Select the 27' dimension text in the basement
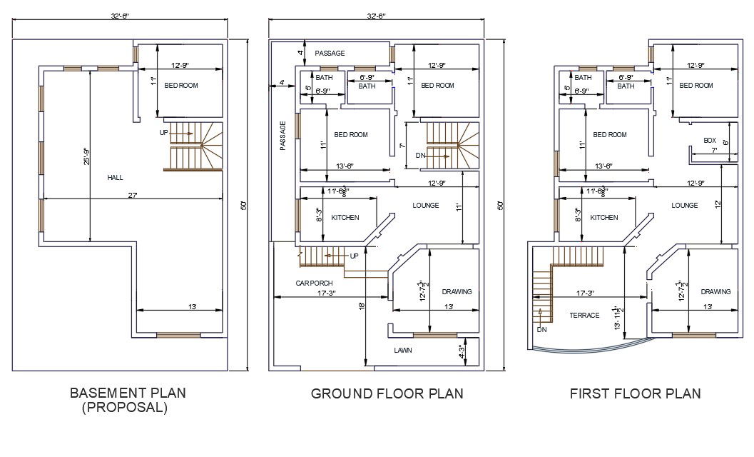pyautogui.click(x=133, y=194)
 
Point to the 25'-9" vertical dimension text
pyautogui.click(x=86, y=156)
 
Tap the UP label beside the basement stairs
pyautogui.click(x=164, y=133)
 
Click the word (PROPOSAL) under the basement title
pyautogui.click(x=125, y=408)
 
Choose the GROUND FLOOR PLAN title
pyautogui.click(x=387, y=393)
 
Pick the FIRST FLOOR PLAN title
pyautogui.click(x=635, y=393)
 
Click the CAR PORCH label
pyautogui.click(x=315, y=283)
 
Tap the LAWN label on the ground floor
pyautogui.click(x=403, y=351)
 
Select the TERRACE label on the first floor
pyautogui.click(x=584, y=315)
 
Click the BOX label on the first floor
pyautogui.click(x=709, y=141)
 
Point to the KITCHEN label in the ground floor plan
pyautogui.click(x=345, y=218)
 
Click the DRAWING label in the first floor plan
pyautogui.click(x=715, y=291)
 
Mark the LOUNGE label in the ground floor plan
pyautogui.click(x=425, y=206)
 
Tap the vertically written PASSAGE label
pyautogui.click(x=283, y=135)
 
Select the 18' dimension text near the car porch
pyautogui.click(x=362, y=306)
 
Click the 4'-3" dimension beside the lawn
pyautogui.click(x=462, y=351)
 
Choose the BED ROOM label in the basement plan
pyautogui.click(x=181, y=86)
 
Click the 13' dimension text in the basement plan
pyautogui.click(x=192, y=307)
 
